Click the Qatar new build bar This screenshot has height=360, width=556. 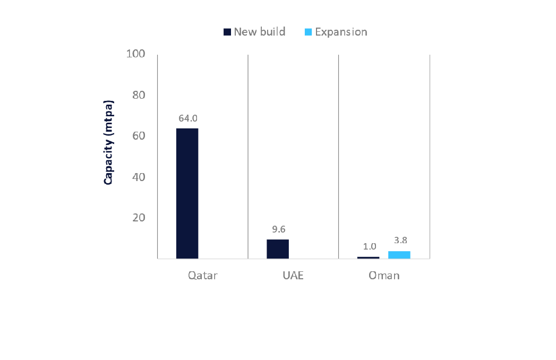tap(187, 193)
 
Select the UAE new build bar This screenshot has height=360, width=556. tap(278, 249)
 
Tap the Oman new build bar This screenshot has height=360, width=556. tap(369, 258)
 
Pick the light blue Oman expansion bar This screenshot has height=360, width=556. tap(399, 255)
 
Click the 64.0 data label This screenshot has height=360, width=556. tap(187, 118)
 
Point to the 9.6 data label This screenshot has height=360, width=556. tap(278, 229)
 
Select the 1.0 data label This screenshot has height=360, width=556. tap(370, 246)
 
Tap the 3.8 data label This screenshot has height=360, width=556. tap(399, 240)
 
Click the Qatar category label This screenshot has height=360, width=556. tap(202, 276)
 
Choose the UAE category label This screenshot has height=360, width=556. tap(293, 276)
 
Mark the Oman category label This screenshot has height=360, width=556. tap(384, 276)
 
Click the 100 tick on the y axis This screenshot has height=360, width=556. tap(135, 54)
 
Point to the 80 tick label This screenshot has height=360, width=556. tap(138, 95)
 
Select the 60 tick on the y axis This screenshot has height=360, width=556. tap(138, 136)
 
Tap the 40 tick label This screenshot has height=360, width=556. tap(138, 177)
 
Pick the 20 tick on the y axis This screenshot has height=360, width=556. tap(138, 218)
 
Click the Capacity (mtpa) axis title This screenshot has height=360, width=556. tap(108, 142)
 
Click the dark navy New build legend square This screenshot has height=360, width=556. tap(227, 32)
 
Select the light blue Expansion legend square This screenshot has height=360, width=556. tap(308, 32)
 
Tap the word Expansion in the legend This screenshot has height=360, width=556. tap(341, 32)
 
